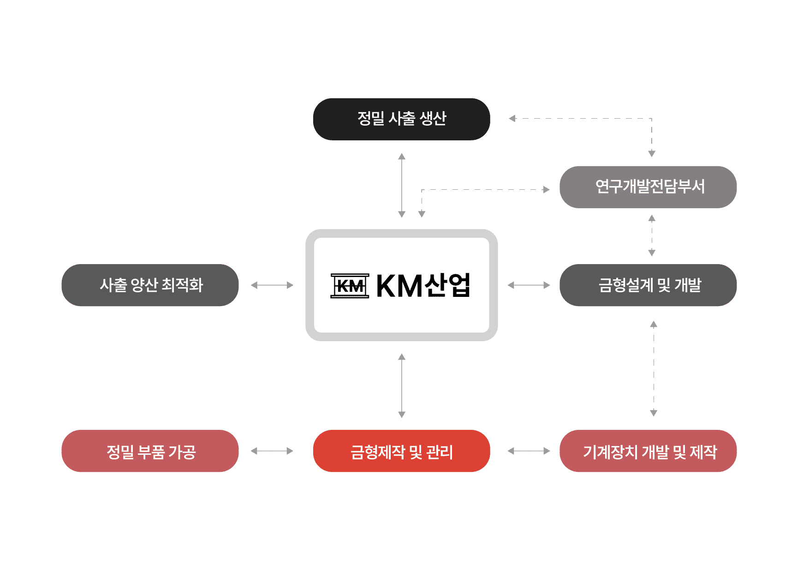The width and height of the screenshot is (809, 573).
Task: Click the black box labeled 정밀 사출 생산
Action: [401, 119]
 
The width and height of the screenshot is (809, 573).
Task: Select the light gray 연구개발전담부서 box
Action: [648, 187]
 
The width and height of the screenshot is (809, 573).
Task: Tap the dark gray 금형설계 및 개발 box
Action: [648, 285]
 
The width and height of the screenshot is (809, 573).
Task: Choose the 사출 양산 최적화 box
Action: [150, 285]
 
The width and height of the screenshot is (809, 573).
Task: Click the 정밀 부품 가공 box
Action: [150, 451]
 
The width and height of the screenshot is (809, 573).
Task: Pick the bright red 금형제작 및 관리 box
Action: [401, 451]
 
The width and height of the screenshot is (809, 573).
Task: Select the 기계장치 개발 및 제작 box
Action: [648, 451]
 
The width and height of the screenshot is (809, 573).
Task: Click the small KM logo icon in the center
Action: [350, 286]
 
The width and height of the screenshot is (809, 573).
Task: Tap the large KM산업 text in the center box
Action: [423, 286]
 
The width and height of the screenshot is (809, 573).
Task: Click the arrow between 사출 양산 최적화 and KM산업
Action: [272, 285]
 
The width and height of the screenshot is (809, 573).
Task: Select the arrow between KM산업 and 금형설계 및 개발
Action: [529, 285]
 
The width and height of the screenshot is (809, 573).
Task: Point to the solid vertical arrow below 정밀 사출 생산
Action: [402, 185]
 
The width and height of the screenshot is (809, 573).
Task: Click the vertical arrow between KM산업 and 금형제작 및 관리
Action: [402, 386]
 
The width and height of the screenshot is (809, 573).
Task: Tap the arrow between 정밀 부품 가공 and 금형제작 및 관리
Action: [272, 451]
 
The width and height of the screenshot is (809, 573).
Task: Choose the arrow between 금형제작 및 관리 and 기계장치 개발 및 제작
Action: [529, 451]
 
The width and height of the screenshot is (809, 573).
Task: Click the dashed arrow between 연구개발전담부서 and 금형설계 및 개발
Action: [652, 235]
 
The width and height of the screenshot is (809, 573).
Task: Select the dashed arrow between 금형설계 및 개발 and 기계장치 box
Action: [654, 368]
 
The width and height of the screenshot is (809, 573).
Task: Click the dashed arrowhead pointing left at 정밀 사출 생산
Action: [512, 119]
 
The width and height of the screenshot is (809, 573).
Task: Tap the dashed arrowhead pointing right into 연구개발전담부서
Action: [547, 189]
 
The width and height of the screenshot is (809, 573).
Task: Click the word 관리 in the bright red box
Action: [439, 452]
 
